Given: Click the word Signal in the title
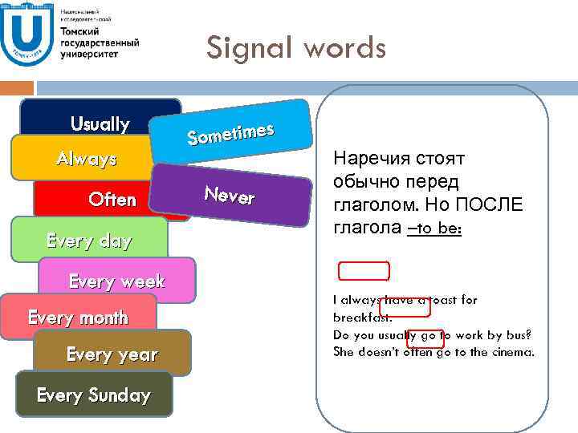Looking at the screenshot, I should (x=248, y=49).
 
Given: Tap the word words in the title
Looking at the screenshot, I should (x=344, y=49).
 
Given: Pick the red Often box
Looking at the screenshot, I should (x=112, y=199).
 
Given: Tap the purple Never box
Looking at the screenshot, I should (x=230, y=195).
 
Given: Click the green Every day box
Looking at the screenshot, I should (x=89, y=240).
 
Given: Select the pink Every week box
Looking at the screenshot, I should (x=116, y=281).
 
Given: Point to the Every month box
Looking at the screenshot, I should (x=78, y=317).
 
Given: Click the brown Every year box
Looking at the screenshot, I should (x=112, y=354).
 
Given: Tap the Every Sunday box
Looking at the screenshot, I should (x=93, y=395).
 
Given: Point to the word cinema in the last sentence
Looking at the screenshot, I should (x=510, y=352).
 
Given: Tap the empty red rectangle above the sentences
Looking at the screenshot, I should (x=364, y=271).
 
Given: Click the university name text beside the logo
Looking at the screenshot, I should (x=99, y=40).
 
